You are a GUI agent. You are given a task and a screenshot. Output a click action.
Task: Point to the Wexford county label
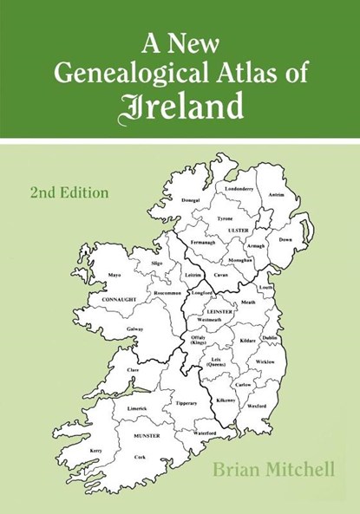[x=256, y=406]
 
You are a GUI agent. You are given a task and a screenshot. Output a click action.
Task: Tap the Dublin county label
[x=270, y=337]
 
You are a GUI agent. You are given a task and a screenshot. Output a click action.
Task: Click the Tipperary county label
[x=186, y=404]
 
